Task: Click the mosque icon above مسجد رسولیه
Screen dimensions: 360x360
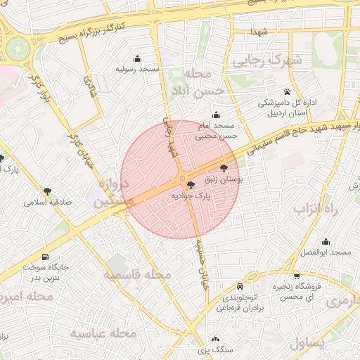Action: click(137, 58)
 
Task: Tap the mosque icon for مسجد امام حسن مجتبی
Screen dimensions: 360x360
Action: click(215, 115)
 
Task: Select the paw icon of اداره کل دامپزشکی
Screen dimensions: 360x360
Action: click(287, 92)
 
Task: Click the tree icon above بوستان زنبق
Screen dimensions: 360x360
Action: click(224, 168)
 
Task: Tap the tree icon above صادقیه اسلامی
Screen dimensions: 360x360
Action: click(48, 191)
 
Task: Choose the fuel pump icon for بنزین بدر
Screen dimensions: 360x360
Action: click(46, 257)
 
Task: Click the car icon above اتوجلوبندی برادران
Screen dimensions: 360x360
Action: click(240, 287)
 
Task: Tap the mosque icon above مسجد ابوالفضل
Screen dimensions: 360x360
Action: click(325, 241)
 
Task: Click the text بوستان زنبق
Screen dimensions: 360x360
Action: click(222, 180)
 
